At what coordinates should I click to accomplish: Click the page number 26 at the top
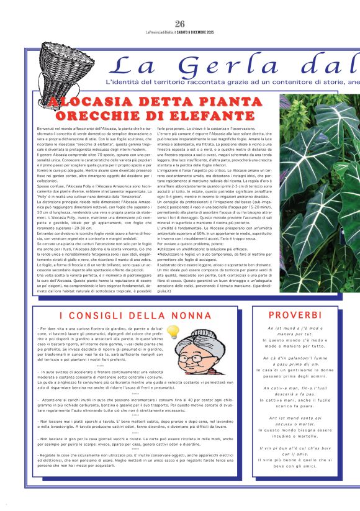180,24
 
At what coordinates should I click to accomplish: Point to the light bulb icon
174,332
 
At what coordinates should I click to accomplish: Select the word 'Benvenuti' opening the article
47,127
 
